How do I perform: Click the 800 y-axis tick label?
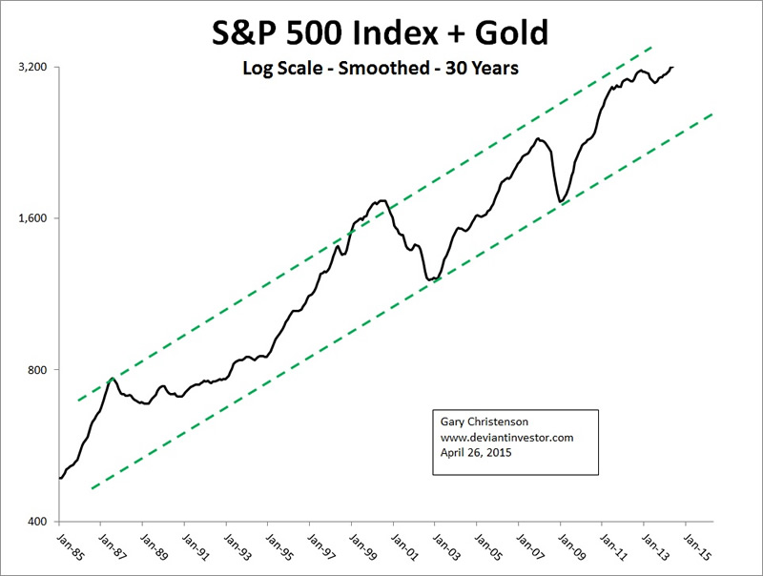point(37,370)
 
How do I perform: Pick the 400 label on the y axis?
point(37,522)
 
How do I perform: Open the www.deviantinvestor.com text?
point(506,437)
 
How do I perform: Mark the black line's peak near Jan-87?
point(113,379)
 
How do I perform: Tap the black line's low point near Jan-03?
point(432,280)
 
